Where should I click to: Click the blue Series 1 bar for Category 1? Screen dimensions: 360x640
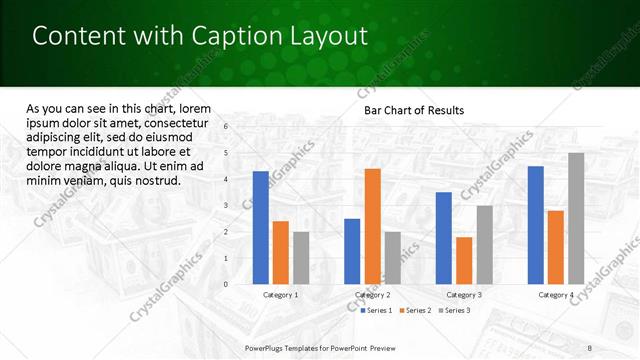click(261, 228)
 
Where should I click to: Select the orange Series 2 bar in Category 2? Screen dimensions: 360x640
click(372, 226)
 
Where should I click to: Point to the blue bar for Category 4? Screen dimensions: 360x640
click(536, 225)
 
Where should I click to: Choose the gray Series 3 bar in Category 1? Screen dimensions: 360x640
click(300, 258)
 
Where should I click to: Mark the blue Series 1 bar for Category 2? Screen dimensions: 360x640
click(352, 251)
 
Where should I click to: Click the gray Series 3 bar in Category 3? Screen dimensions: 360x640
click(484, 245)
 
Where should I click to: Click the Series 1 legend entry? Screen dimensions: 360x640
click(377, 311)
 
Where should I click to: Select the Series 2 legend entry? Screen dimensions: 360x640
click(416, 311)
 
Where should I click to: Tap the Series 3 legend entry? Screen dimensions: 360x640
click(455, 311)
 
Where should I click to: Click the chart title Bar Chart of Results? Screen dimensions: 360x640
click(414, 110)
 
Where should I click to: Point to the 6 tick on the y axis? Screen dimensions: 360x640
click(227, 127)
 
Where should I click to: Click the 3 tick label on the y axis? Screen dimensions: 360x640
click(227, 206)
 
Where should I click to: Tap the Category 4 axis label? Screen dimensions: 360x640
click(556, 295)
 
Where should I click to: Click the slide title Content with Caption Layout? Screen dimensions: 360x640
click(200, 36)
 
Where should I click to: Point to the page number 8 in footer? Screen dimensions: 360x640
click(589, 346)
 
